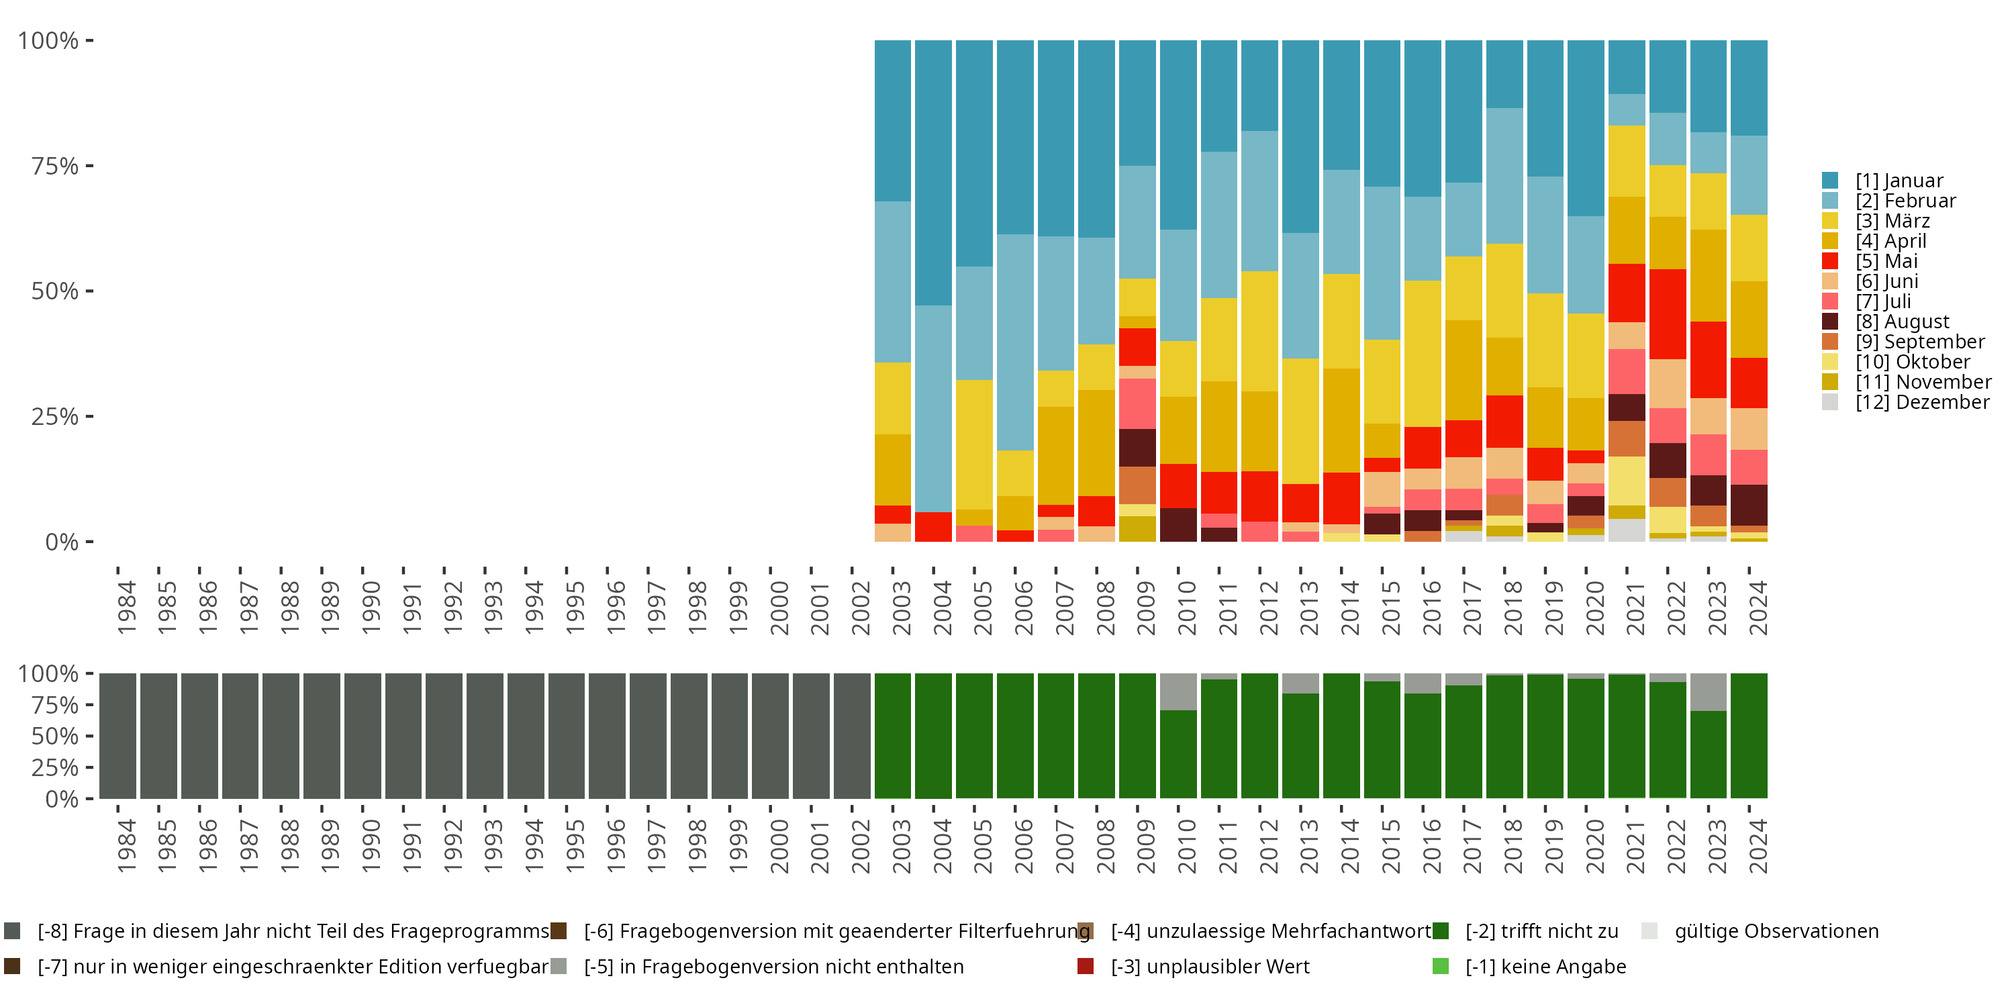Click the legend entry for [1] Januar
coord(1899,181)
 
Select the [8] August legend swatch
coord(1829,322)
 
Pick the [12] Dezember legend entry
coord(1922,402)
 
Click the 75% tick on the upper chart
coord(55,166)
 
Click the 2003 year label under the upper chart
coord(902,608)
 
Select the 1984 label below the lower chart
coord(126,846)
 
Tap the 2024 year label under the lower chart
coord(1757,846)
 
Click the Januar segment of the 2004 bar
coord(934,172)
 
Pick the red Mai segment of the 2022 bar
coord(1668,314)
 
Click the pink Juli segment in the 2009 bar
coord(1137,403)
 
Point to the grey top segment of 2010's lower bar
coord(1178,691)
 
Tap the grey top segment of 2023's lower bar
coord(1709,692)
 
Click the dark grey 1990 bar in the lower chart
coord(363,736)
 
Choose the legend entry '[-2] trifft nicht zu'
coord(1541,931)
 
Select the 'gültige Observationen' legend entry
coord(1776,931)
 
